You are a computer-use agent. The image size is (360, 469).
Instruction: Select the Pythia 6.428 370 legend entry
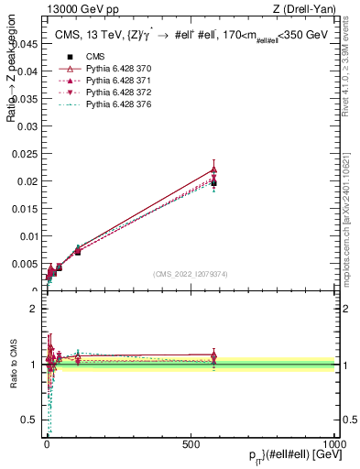102,94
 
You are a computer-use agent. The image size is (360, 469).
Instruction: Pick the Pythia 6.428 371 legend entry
102,106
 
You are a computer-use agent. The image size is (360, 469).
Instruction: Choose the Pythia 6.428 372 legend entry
102,118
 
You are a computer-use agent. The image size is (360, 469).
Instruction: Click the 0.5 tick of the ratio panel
30,420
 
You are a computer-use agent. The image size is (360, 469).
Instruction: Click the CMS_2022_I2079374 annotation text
191,275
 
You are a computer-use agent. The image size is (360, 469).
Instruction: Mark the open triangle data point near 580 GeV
213,169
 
